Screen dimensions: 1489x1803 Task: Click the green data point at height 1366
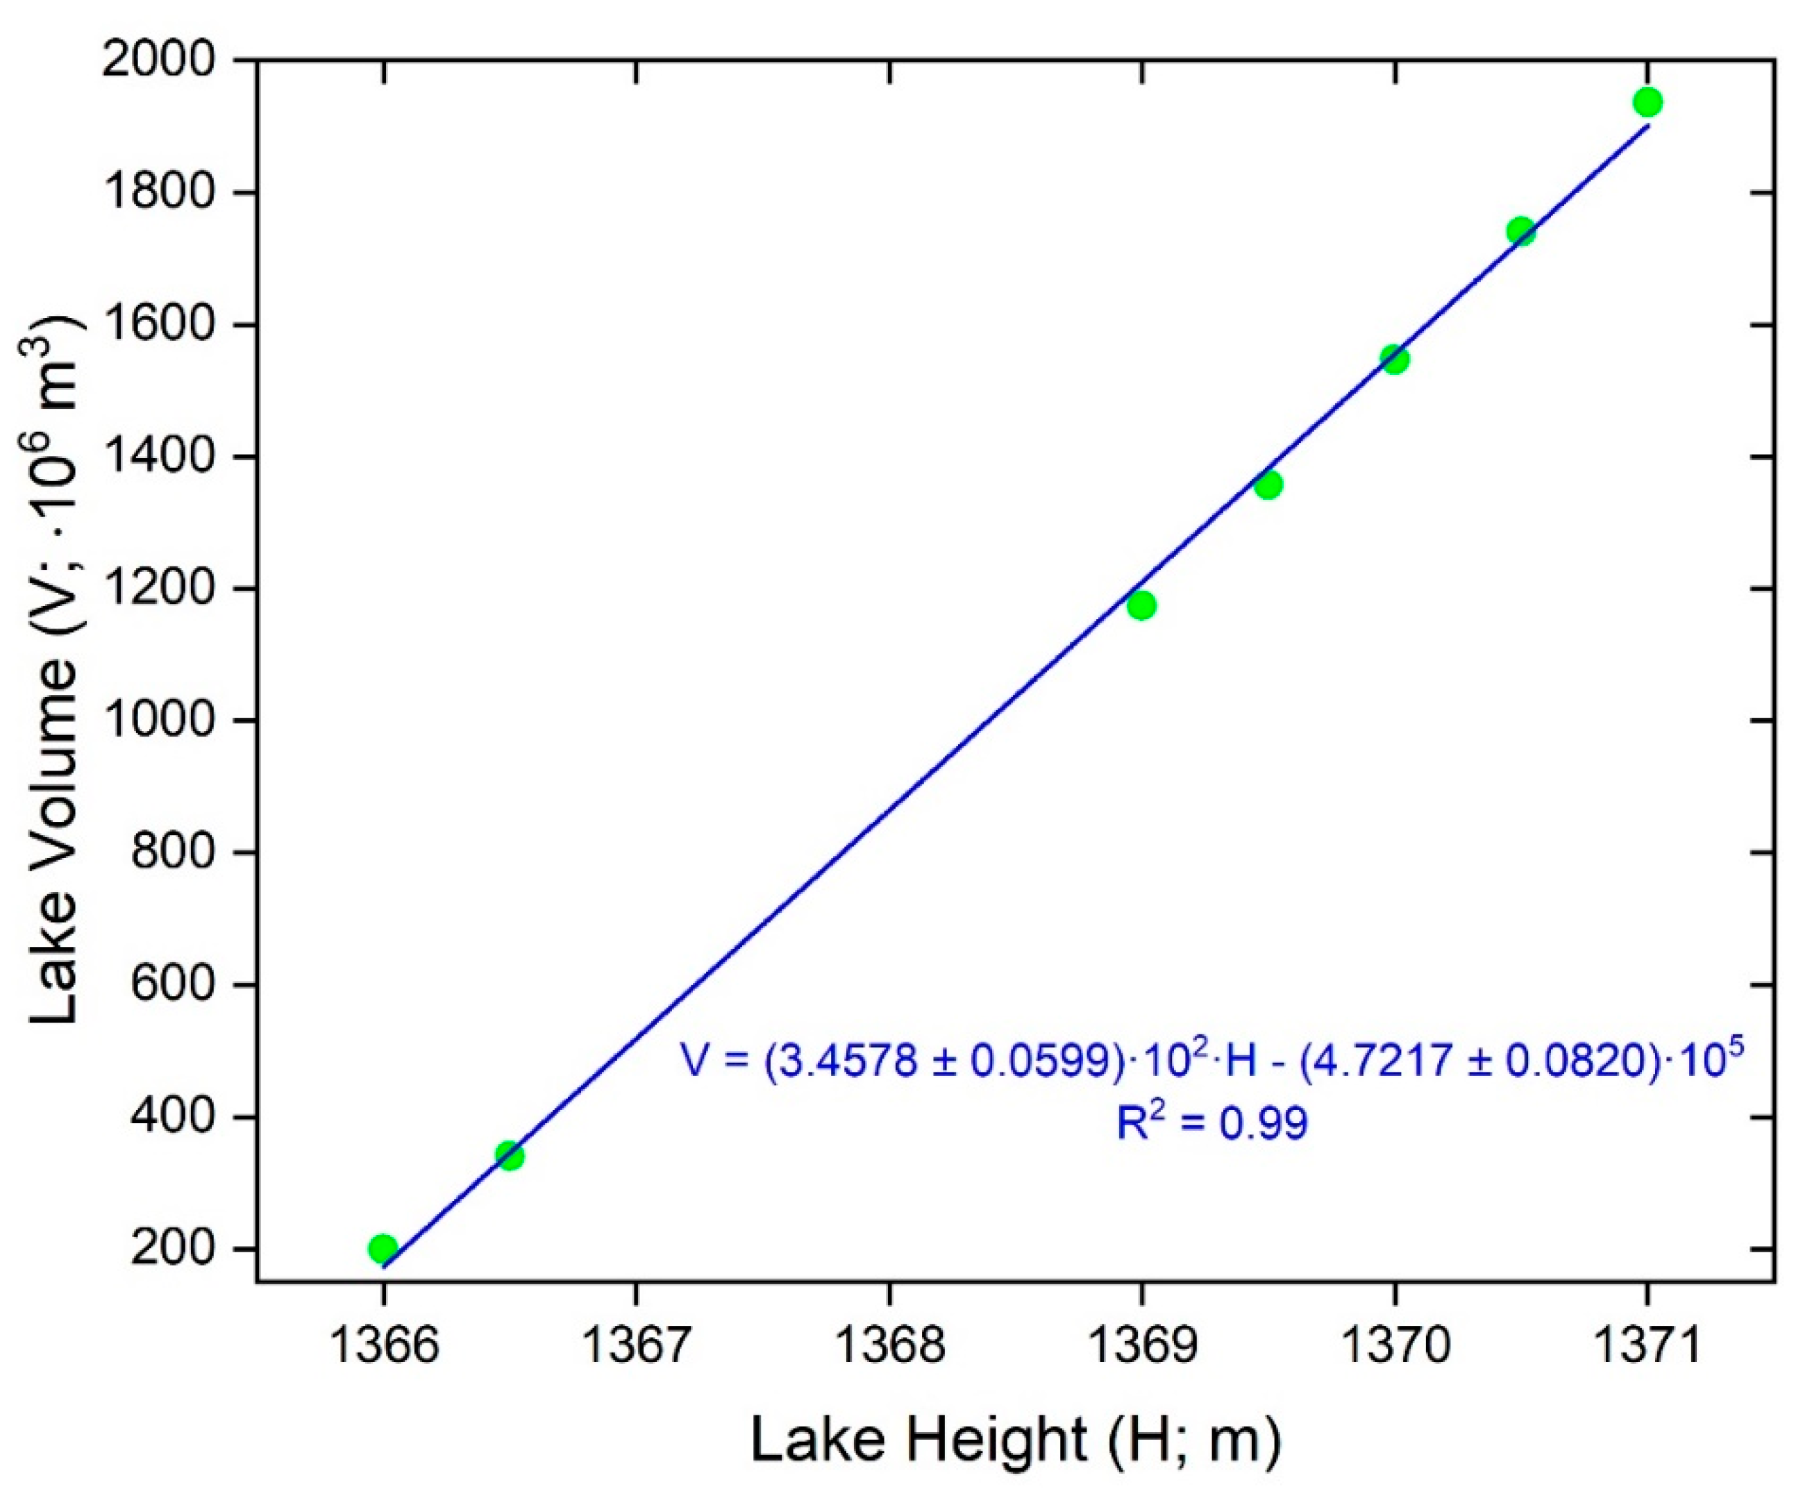[x=383, y=1248]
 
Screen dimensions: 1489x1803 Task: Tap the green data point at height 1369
[x=1141, y=605]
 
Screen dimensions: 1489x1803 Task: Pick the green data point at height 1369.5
[x=1268, y=485]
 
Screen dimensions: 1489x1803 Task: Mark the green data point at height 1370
[x=1395, y=360]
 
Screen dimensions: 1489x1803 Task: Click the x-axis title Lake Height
[x=1016, y=1440]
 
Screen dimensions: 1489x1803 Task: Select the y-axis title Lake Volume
[x=55, y=669]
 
